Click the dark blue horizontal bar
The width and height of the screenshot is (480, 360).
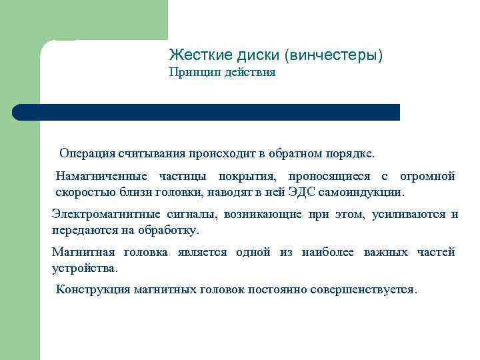coord(207,112)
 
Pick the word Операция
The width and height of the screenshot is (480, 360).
coord(87,154)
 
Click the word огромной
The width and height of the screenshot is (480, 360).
coord(427,177)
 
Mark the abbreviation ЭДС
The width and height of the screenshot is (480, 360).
coord(304,193)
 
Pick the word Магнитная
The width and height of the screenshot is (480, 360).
coord(83,252)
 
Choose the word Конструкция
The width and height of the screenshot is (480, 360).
coord(93,290)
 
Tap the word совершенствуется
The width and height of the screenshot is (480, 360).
coord(369,290)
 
